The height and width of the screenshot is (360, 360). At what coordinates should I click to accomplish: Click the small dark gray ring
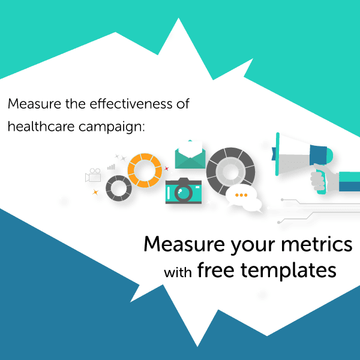point(118,188)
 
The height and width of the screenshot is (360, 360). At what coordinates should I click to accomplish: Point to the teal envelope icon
point(191,153)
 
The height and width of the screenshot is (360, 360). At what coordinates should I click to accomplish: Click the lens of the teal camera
point(184,193)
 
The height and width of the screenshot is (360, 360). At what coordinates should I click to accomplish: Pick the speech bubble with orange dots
point(241,196)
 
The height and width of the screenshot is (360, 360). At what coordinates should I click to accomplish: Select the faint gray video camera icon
point(94,175)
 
